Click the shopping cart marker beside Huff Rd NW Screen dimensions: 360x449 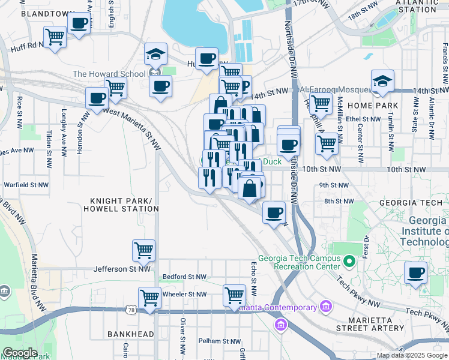click(55, 37)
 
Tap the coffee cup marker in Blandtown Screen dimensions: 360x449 click(79, 24)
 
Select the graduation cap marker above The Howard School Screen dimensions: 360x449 click(155, 55)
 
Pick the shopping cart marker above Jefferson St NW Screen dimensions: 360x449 click(143, 250)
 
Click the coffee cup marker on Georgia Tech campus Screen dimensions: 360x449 click(416, 273)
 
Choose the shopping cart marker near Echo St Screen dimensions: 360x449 click(234, 295)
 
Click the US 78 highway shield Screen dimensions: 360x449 click(131, 310)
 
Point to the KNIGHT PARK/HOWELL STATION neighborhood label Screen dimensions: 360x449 click(124, 204)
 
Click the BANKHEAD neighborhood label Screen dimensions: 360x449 click(128, 333)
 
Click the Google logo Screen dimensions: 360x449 click(20, 353)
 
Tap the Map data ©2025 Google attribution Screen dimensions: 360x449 click(411, 355)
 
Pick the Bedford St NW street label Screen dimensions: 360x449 click(184, 277)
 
